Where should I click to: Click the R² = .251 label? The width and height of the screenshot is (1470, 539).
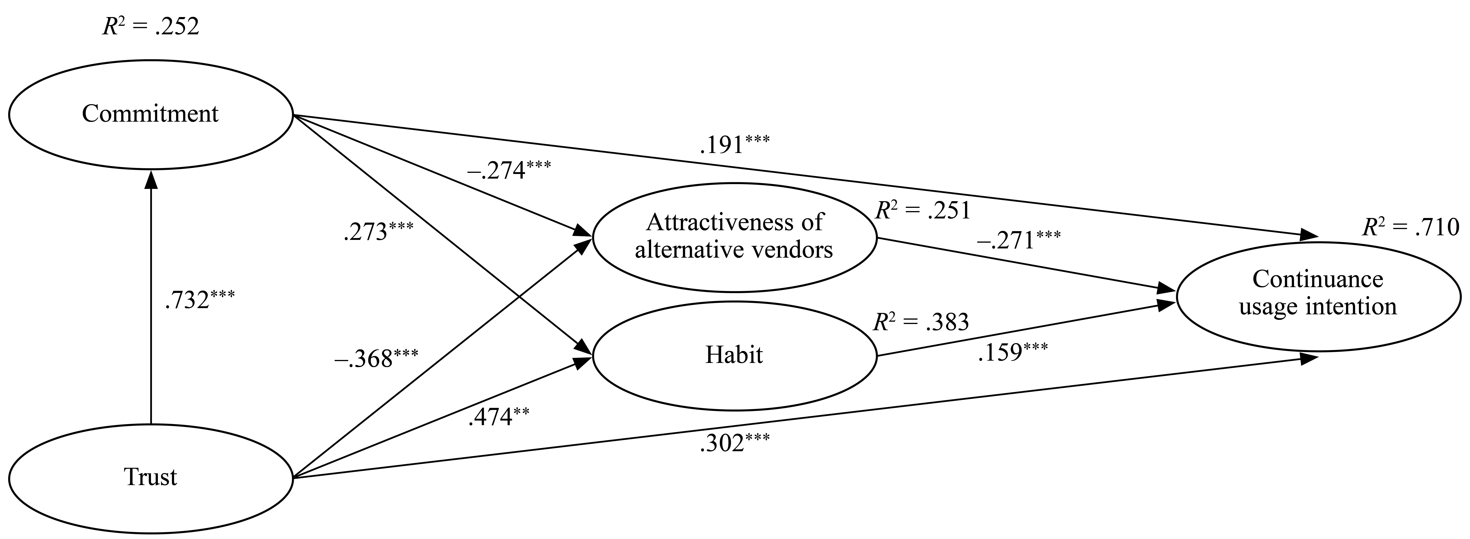pos(923,211)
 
